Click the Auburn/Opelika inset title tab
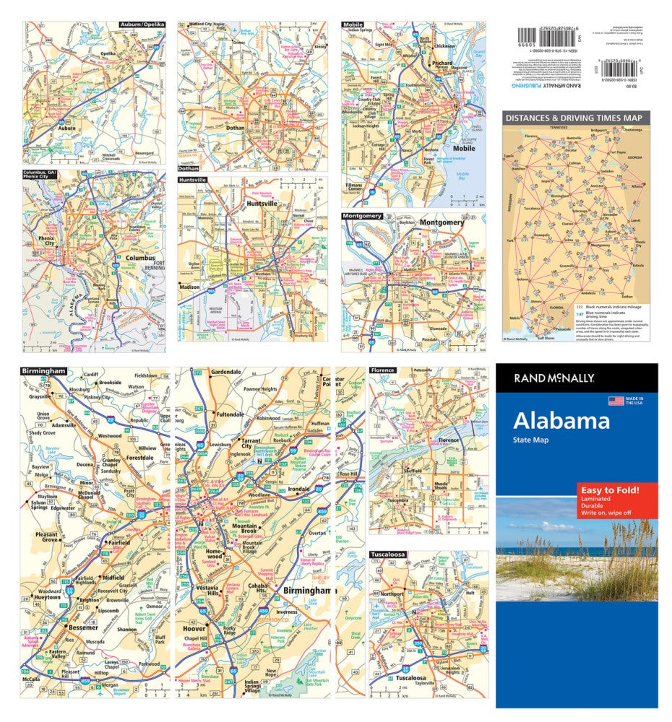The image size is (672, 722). pos(142,25)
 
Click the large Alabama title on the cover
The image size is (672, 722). pos(561,421)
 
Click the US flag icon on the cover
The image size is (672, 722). pos(616,401)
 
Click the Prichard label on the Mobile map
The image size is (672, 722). pos(441,64)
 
